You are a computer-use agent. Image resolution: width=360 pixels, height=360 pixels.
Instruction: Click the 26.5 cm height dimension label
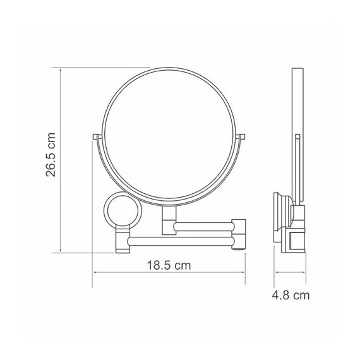(51, 155)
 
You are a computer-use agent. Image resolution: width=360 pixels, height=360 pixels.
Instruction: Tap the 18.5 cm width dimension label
(169, 265)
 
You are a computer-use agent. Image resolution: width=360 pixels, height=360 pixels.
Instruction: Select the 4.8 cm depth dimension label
(291, 295)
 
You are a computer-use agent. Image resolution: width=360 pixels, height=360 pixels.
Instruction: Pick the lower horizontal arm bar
(181, 241)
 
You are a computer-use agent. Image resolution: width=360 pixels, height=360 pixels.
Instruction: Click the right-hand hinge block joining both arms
(239, 235)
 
